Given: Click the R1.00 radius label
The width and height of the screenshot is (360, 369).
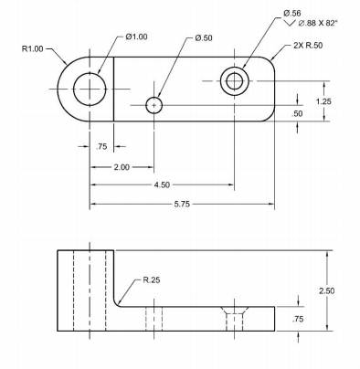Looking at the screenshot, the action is [33, 48].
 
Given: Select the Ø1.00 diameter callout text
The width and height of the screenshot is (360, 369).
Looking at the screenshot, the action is [136, 37].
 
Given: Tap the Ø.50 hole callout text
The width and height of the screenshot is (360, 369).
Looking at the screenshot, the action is [204, 38].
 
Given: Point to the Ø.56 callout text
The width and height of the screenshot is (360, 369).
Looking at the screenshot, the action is [292, 13].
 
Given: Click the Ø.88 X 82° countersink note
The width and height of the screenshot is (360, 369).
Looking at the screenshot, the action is [318, 23].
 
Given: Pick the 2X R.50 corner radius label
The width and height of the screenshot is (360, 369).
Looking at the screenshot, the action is [308, 46].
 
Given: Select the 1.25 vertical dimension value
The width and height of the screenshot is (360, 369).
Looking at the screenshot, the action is [323, 101].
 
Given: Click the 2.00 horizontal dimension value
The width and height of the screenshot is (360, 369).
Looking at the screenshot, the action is [122, 167].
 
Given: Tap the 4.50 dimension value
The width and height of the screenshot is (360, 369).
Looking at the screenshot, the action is [162, 184].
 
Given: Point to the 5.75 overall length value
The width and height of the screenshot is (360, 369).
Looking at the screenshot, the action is [182, 204].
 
